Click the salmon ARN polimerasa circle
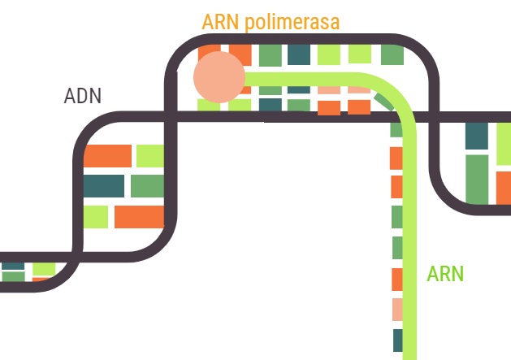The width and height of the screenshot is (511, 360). (x=219, y=78)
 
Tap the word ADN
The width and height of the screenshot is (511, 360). (x=83, y=96)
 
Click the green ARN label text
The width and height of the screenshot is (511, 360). (x=445, y=273)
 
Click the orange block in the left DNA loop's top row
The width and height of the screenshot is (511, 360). (x=107, y=155)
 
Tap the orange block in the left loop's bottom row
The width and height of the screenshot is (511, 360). (x=138, y=217)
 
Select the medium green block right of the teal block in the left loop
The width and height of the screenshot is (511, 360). (x=147, y=186)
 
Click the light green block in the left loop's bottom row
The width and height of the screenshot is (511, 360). (x=96, y=217)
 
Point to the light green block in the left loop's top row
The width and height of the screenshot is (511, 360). (x=150, y=155)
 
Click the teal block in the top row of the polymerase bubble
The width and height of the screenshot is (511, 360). (x=299, y=54)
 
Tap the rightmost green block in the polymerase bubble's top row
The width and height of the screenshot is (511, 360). (x=392, y=54)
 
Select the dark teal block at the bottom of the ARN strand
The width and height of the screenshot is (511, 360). (x=397, y=340)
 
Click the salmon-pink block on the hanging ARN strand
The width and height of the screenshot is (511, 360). (x=397, y=310)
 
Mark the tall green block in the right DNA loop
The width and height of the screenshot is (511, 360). (x=477, y=179)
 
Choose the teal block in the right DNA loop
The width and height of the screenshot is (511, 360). (x=477, y=136)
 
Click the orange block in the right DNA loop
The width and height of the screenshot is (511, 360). (x=503, y=187)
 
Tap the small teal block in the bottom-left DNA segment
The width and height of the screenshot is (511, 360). (x=13, y=266)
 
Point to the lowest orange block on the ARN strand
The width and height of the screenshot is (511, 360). (x=397, y=279)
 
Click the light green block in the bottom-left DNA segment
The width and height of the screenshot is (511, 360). (x=44, y=267)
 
